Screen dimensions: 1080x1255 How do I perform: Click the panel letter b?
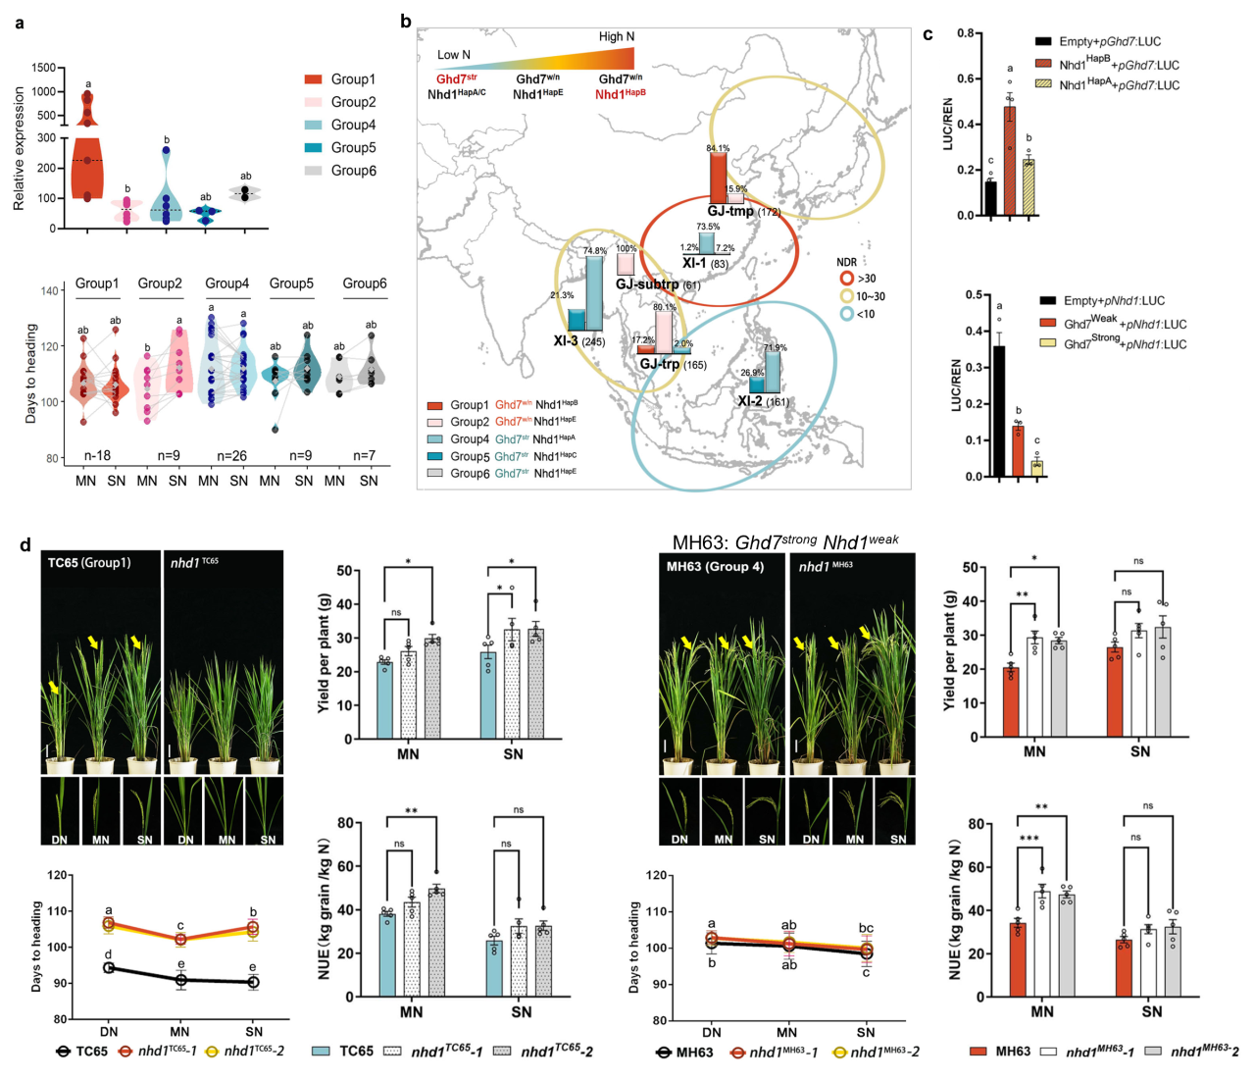[406, 21]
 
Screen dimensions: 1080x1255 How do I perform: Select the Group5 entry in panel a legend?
[353, 147]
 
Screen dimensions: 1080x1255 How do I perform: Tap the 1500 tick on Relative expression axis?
[42, 68]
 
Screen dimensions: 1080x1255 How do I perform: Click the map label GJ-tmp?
[729, 211]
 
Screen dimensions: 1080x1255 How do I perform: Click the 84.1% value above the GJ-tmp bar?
[718, 148]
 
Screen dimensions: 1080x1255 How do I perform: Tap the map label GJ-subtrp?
[647, 284]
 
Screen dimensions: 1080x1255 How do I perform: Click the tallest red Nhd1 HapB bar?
[1010, 161]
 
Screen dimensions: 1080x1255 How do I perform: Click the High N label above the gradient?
[617, 36]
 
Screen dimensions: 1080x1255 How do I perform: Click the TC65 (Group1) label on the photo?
[89, 562]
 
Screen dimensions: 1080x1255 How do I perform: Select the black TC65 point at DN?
[108, 967]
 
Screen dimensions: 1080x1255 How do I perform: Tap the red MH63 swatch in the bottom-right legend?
[979, 1051]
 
